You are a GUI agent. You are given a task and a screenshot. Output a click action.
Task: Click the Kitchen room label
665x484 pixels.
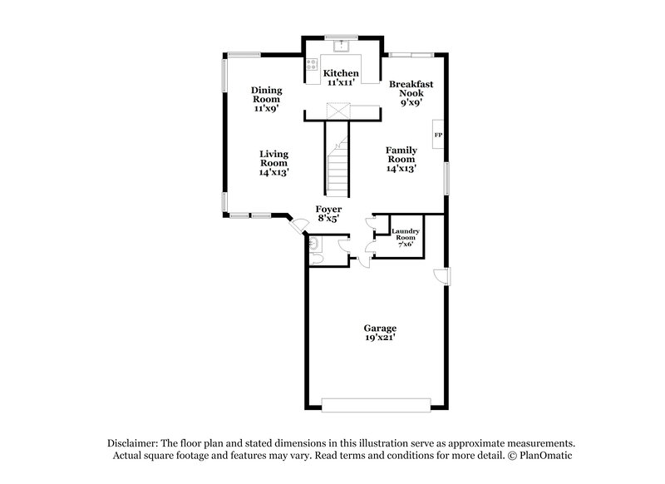coord(341,78)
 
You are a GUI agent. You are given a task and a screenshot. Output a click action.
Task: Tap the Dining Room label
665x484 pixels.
coord(267,98)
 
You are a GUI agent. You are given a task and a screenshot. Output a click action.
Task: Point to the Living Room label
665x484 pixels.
coord(273,163)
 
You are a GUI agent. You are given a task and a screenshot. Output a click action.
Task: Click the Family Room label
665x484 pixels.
coord(401,158)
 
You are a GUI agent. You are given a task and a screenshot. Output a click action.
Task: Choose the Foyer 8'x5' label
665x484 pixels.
coord(328,215)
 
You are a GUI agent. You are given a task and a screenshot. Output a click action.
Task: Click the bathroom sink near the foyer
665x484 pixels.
coord(314,242)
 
